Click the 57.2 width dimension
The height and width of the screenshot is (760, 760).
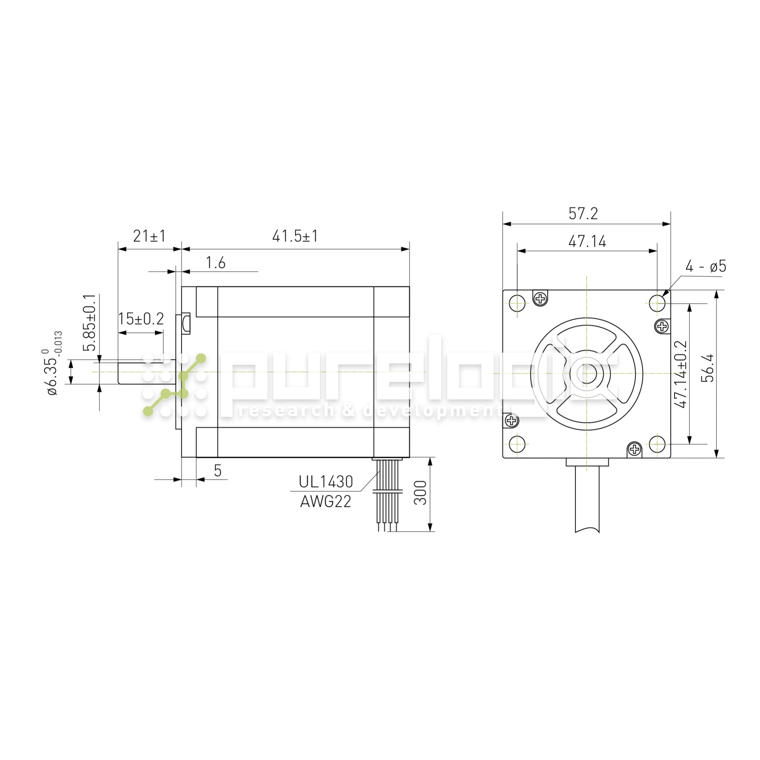[x=583, y=214]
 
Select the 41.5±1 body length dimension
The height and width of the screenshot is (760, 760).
[x=295, y=236]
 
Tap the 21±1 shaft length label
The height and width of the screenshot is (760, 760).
[x=149, y=236]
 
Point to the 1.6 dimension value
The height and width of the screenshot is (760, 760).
[x=215, y=263]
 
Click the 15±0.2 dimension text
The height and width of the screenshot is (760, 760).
[x=141, y=319]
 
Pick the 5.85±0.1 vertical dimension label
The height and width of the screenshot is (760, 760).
[x=91, y=322]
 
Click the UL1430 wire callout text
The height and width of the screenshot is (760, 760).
[x=326, y=482]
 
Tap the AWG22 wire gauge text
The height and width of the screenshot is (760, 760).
[x=326, y=502]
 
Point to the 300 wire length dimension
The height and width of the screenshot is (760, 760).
[x=421, y=493]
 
